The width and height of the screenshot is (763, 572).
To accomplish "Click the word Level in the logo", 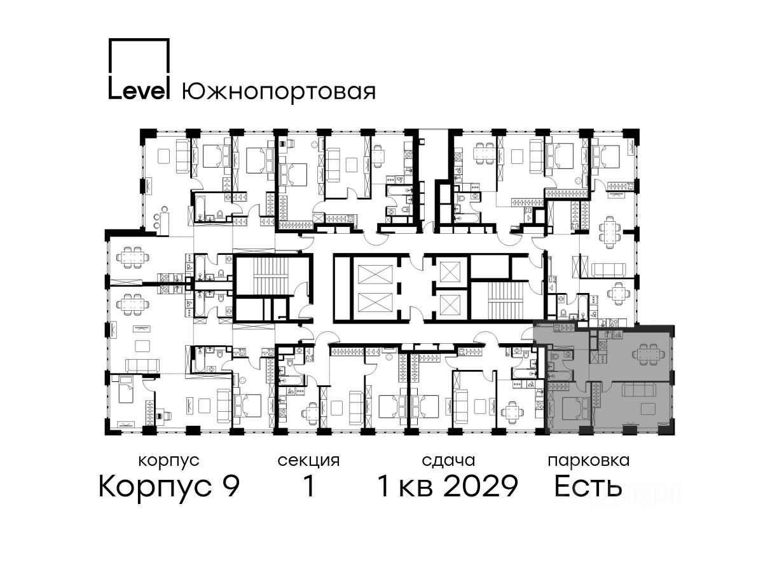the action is point(139,91).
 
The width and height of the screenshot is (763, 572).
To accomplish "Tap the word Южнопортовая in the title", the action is point(278,92).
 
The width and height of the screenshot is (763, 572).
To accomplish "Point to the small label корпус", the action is point(169,461).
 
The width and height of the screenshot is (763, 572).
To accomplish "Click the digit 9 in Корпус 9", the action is point(230,486).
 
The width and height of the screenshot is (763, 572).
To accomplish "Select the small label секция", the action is point(308,461).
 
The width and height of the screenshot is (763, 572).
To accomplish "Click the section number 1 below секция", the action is point(309,486).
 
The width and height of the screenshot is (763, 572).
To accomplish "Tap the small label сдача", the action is point(448,461).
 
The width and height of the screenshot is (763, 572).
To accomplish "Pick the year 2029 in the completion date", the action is point(481,486).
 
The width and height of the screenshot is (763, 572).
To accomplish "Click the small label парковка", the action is point(589,461).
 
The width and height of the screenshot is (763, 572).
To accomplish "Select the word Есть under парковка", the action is point(588,486).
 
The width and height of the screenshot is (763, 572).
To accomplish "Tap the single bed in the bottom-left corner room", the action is point(125,389).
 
